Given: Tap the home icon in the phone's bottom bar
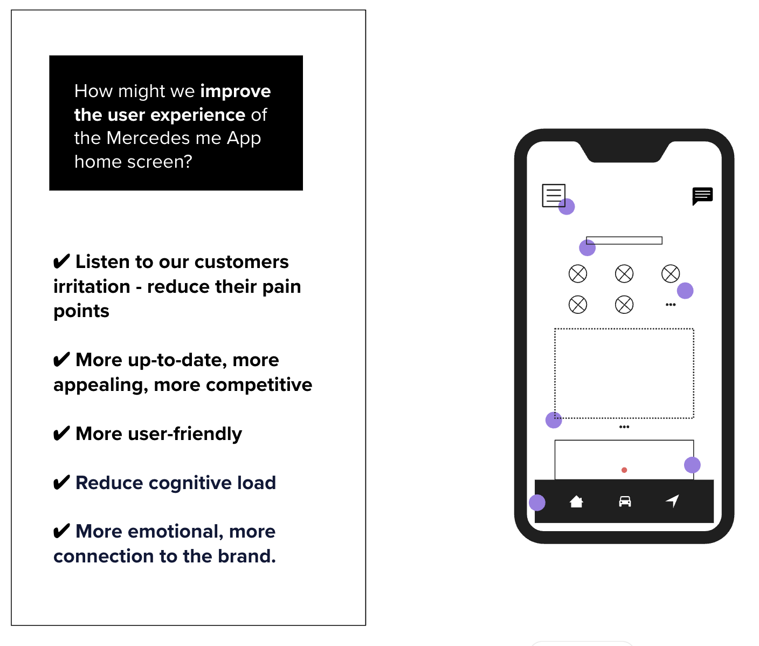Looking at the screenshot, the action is pyautogui.click(x=576, y=501).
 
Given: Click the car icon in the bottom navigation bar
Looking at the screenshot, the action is pyautogui.click(x=625, y=501).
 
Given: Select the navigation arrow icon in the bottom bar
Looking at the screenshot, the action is pyautogui.click(x=673, y=501).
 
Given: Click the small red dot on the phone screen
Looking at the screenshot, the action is pyautogui.click(x=624, y=470).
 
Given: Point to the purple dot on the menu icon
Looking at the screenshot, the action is pyautogui.click(x=567, y=207).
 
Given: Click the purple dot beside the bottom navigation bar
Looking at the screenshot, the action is pyautogui.click(x=537, y=503).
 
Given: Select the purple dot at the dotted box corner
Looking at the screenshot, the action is pyautogui.click(x=554, y=420).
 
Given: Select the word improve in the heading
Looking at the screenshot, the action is pyautogui.click(x=236, y=92).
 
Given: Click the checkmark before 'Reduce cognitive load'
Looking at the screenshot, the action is pyautogui.click(x=61, y=482).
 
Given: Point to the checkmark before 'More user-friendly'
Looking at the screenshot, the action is pyautogui.click(x=61, y=434).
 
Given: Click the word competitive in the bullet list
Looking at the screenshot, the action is pyautogui.click(x=259, y=385).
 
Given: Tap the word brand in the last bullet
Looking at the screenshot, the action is pyautogui.click(x=247, y=556).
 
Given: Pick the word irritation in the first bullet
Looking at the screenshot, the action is pyautogui.click(x=92, y=286).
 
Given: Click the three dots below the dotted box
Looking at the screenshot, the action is pyautogui.click(x=624, y=427).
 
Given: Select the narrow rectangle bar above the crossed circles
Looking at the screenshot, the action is pyautogui.click(x=624, y=240).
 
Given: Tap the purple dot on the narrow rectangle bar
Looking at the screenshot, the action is pyautogui.click(x=587, y=248).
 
